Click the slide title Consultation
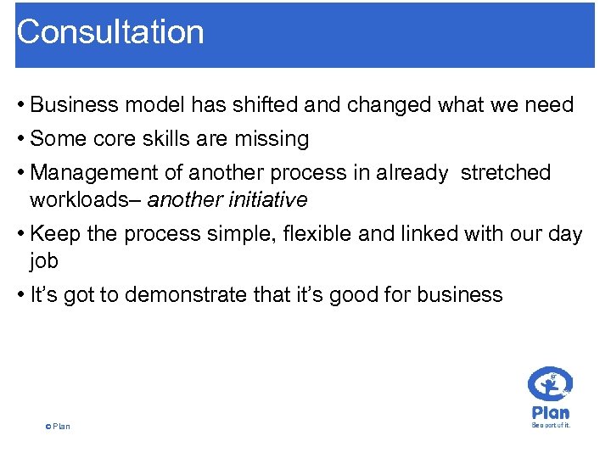tap(110, 32)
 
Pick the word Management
tap(93, 173)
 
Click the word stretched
tap(505, 173)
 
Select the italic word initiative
tap(270, 200)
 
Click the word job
tap(44, 261)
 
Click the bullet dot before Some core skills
tap(20, 138)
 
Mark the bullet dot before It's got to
tap(20, 295)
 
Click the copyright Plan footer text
tap(59, 426)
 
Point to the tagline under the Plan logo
tap(551, 425)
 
